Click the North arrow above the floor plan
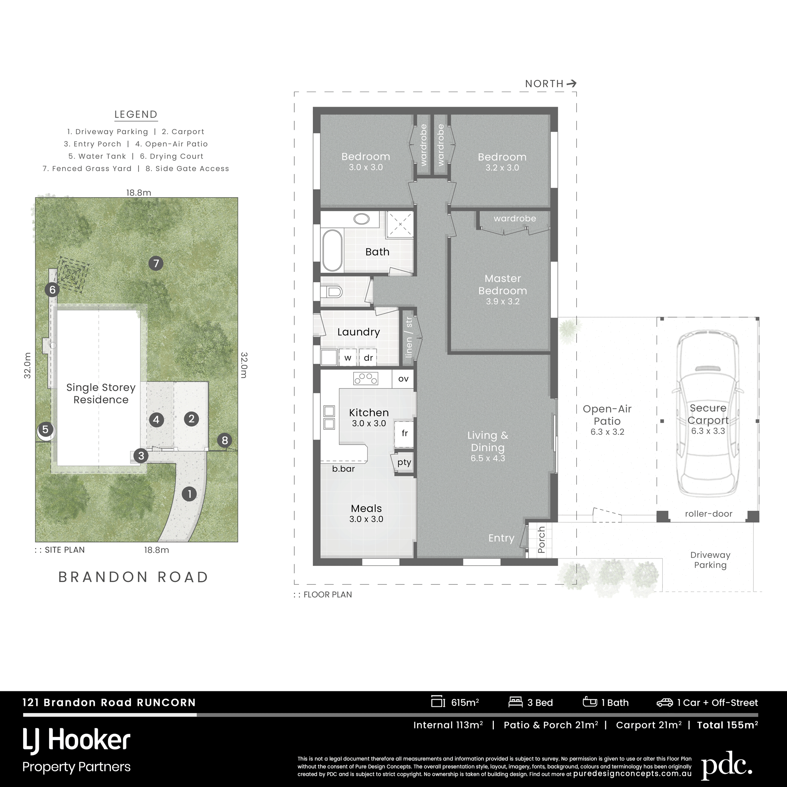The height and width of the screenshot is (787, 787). [x=571, y=83]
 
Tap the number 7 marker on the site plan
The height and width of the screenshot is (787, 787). [x=156, y=264]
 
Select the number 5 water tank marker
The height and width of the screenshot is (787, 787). [x=45, y=429]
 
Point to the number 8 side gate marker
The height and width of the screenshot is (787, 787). [x=224, y=440]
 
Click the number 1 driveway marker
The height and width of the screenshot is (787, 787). [x=189, y=494]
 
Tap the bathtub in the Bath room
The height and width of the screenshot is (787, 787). [x=333, y=250]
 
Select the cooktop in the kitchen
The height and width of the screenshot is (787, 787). [x=366, y=379]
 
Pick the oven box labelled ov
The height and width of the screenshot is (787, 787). [x=403, y=379]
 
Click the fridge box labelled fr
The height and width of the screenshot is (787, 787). [x=404, y=433]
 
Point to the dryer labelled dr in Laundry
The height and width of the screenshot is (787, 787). [x=368, y=358]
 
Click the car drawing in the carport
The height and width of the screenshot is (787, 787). [x=708, y=419]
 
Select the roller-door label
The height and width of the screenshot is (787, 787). [x=708, y=514]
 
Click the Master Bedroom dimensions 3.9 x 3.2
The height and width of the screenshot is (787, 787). [x=502, y=301]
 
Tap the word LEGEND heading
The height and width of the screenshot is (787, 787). [x=136, y=115]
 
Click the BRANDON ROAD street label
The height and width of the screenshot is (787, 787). [x=133, y=577]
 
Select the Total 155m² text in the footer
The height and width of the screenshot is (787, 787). [x=728, y=725]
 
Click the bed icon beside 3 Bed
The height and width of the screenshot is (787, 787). [x=515, y=702]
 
